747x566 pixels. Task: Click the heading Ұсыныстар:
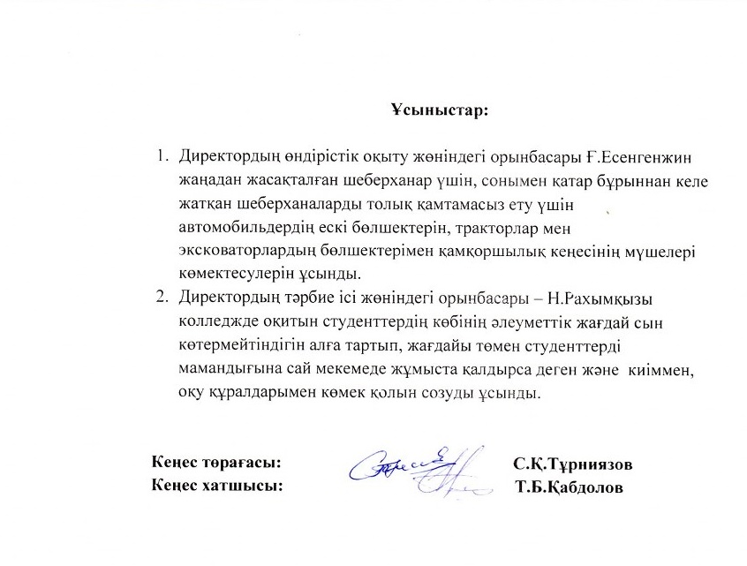(x=440, y=112)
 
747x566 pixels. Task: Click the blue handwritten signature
(x=416, y=465)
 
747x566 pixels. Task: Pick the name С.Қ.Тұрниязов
(x=572, y=464)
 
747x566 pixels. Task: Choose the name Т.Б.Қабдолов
(x=570, y=487)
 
